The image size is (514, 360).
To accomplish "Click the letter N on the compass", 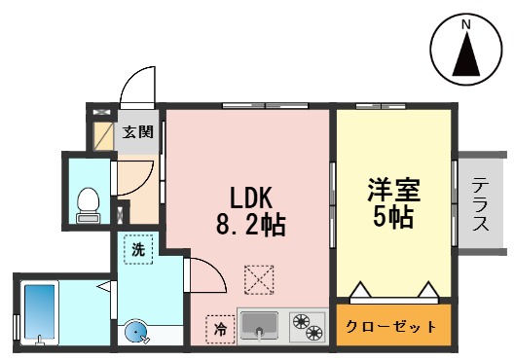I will click(x=466, y=24).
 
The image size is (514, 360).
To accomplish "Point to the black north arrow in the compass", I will click(x=466, y=54).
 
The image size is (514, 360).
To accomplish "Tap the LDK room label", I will click(x=250, y=194).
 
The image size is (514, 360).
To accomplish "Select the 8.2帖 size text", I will click(x=250, y=227).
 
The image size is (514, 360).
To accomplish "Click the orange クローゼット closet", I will click(x=393, y=327).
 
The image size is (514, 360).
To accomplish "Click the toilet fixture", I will click(x=89, y=202).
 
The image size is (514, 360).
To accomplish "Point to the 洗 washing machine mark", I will click(x=138, y=249).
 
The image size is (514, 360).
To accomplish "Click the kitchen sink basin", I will click(x=260, y=325).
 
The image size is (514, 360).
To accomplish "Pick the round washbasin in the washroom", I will click(x=136, y=333).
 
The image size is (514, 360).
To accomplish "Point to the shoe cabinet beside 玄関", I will click(x=102, y=132).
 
